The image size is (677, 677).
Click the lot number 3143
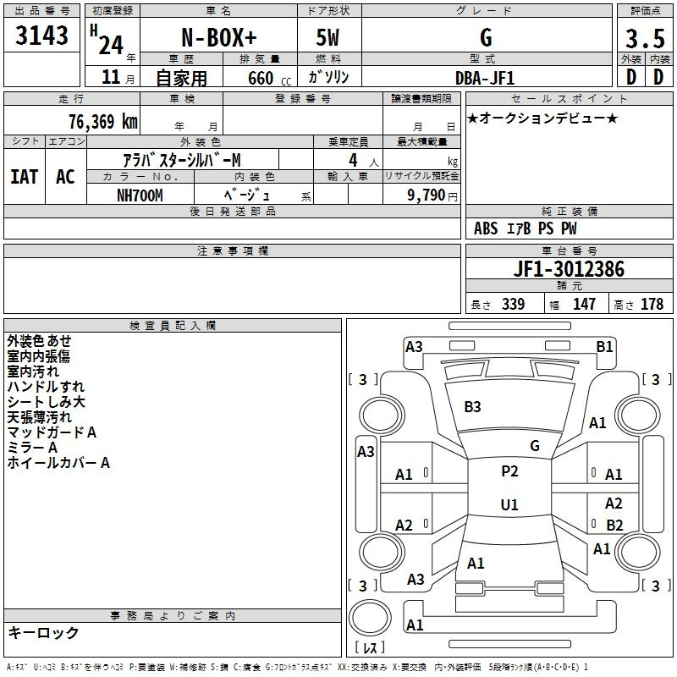(x=42, y=36)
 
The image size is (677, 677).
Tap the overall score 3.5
(x=643, y=39)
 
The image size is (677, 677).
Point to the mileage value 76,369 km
(x=102, y=122)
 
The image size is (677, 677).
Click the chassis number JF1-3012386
(x=569, y=270)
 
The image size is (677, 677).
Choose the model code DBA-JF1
(x=485, y=77)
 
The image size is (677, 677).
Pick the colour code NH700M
(x=140, y=195)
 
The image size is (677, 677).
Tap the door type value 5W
(x=328, y=38)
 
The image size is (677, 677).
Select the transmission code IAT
(x=24, y=177)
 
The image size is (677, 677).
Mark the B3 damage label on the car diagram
(x=472, y=407)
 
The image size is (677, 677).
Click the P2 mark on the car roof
(x=509, y=471)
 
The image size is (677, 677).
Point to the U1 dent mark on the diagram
(x=509, y=505)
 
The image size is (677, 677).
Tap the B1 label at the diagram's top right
(x=604, y=346)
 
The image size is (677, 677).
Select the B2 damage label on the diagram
(x=614, y=526)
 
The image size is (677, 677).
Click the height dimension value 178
(x=652, y=305)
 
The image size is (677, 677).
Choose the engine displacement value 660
(x=261, y=78)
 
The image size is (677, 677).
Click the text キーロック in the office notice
(x=43, y=633)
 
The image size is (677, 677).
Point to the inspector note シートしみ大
(x=47, y=402)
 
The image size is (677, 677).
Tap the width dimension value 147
(x=584, y=305)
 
